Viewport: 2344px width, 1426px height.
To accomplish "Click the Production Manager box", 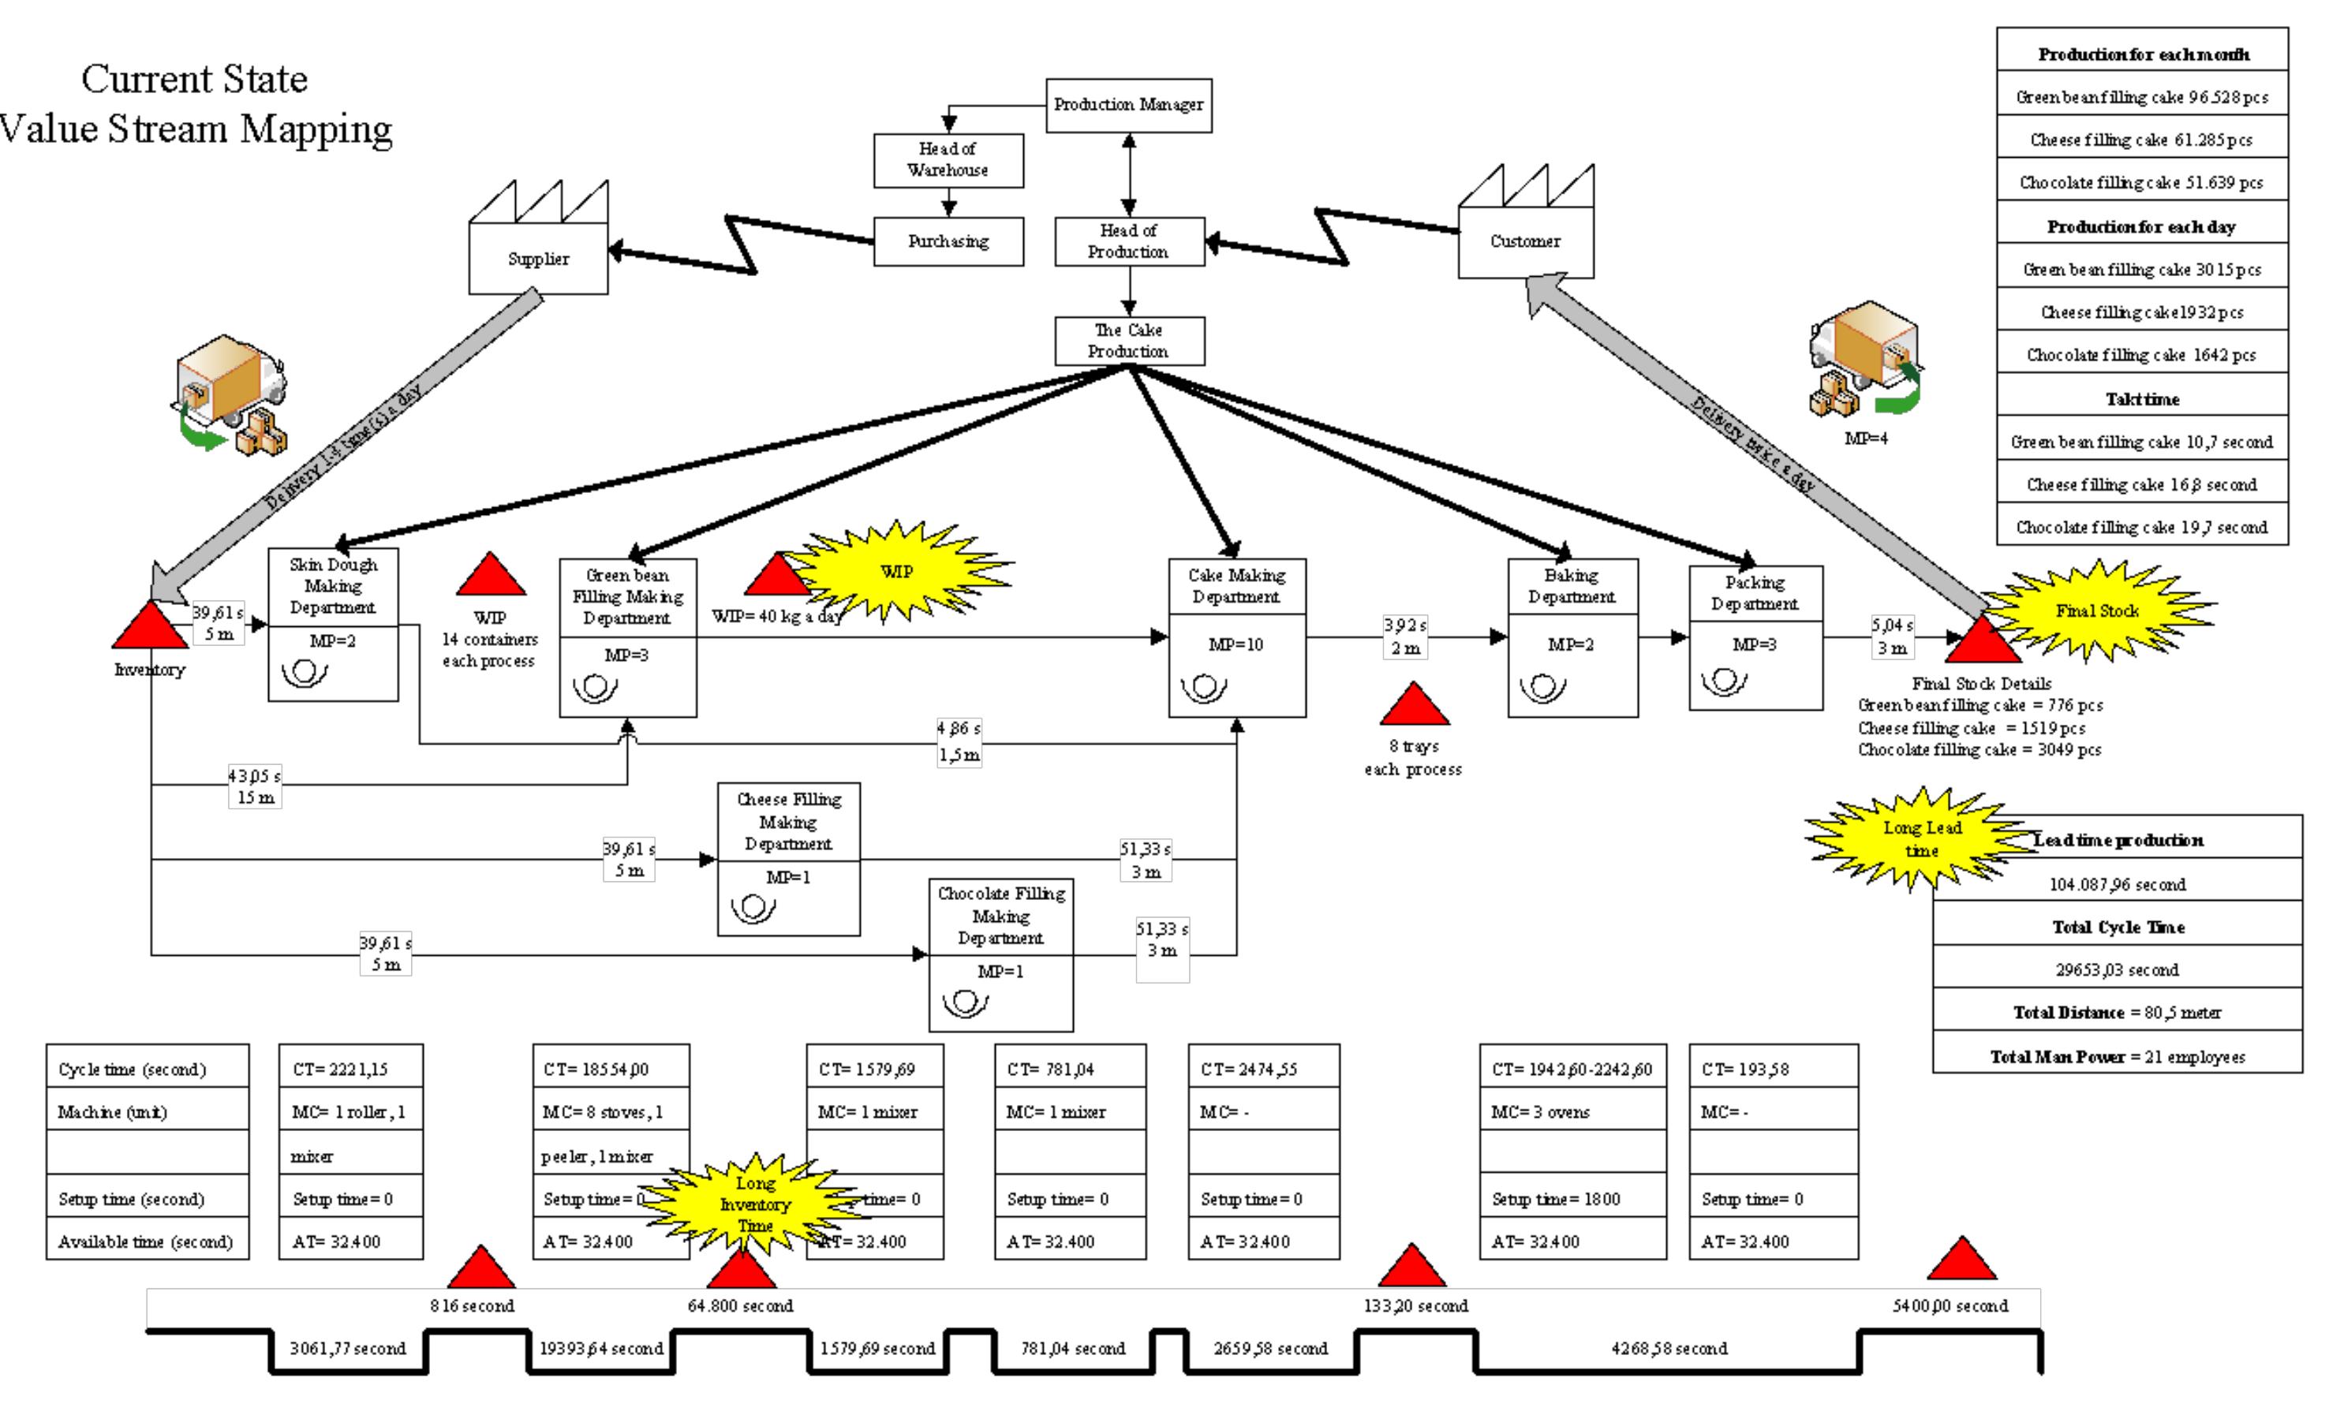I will pos(1128,105).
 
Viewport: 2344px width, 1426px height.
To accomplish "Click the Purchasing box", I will pos(948,241).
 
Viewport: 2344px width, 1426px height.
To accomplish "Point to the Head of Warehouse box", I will pos(948,160).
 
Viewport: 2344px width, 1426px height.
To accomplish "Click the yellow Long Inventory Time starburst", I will pos(754,1204).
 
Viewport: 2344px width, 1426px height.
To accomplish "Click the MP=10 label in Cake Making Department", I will pos(1236,644).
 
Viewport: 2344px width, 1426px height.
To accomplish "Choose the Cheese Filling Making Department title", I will pos(789,821).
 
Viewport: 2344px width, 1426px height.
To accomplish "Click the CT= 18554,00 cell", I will pos(610,1069).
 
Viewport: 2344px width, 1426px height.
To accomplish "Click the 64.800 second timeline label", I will pos(740,1305).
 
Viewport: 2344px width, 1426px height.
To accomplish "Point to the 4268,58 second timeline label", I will pos(1669,1348).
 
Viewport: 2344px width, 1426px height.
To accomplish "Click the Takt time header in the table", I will pos(2141,398).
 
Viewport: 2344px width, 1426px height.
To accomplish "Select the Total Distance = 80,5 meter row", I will pos(2117,1012).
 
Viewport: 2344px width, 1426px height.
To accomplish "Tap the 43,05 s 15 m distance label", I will pos(254,786).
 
